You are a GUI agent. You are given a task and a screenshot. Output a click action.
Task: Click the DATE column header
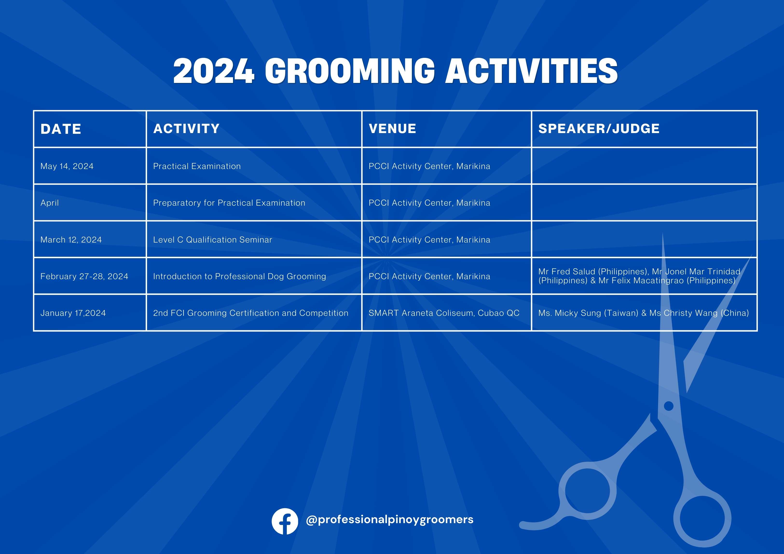[x=61, y=129]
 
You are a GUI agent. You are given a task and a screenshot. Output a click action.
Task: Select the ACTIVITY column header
[x=186, y=129]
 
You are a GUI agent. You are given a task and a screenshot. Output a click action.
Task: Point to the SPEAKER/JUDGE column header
[x=599, y=129]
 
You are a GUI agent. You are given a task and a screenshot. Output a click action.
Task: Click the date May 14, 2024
[x=67, y=166]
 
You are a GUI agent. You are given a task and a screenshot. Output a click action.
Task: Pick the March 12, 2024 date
[x=71, y=240]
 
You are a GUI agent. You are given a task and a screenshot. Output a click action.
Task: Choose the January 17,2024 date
[x=73, y=313]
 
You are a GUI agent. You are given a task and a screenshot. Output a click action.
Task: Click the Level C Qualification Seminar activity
[x=213, y=240]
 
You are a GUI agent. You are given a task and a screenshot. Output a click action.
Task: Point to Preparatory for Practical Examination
[x=229, y=203]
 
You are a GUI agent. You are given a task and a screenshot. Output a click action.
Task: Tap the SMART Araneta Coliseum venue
[x=444, y=313]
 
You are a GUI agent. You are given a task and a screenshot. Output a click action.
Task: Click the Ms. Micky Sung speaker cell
[x=644, y=313]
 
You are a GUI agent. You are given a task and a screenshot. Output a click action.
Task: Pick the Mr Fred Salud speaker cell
[x=639, y=276]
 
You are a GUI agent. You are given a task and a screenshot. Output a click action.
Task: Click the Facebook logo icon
[x=285, y=521]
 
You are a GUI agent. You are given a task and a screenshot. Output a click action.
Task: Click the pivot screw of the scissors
[x=669, y=406]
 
